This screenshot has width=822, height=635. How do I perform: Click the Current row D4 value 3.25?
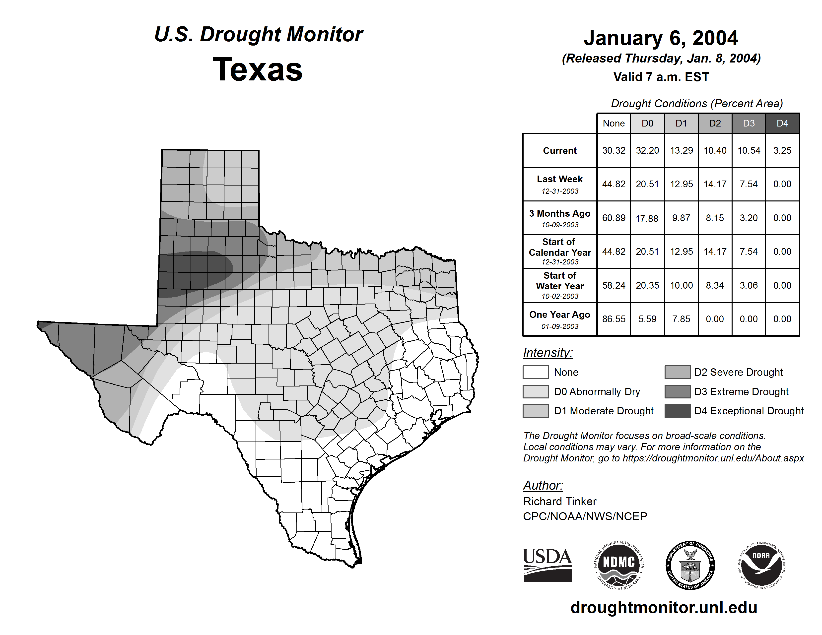pos(782,150)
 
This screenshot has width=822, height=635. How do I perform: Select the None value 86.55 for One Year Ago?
pos(614,319)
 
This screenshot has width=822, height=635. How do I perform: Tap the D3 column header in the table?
pos(749,123)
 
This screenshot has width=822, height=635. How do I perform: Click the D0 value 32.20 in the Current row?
pos(647,150)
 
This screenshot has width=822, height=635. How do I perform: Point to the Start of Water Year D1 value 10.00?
pos(681,286)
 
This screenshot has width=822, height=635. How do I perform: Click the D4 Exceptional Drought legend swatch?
pos(678,411)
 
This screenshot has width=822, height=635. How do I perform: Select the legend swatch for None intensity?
pos(536,372)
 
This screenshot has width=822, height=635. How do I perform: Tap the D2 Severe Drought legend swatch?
pos(678,372)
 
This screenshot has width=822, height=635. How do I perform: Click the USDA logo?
pos(547,565)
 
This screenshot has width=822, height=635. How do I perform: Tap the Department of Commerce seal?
pos(690,565)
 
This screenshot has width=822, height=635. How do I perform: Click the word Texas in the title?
pos(258,69)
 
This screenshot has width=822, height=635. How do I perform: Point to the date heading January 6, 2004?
pos(661,38)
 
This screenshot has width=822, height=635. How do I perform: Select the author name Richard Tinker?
pos(560,502)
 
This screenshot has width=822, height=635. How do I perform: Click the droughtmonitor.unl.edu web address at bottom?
pos(664,608)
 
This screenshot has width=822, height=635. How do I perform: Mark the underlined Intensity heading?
pos(548,353)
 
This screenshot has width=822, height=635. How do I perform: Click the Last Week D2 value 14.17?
pos(715,184)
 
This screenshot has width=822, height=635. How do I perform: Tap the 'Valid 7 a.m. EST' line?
pos(661,77)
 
